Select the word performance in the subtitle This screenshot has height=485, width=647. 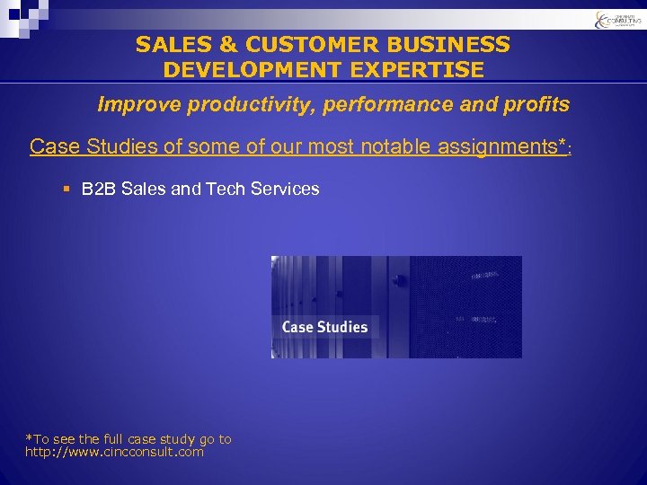393,105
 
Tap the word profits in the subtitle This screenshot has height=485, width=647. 536,105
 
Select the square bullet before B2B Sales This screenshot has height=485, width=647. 68,190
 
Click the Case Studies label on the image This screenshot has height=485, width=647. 324,327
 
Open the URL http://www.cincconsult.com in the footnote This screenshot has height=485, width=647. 114,452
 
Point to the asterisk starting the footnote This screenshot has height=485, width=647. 28,438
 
